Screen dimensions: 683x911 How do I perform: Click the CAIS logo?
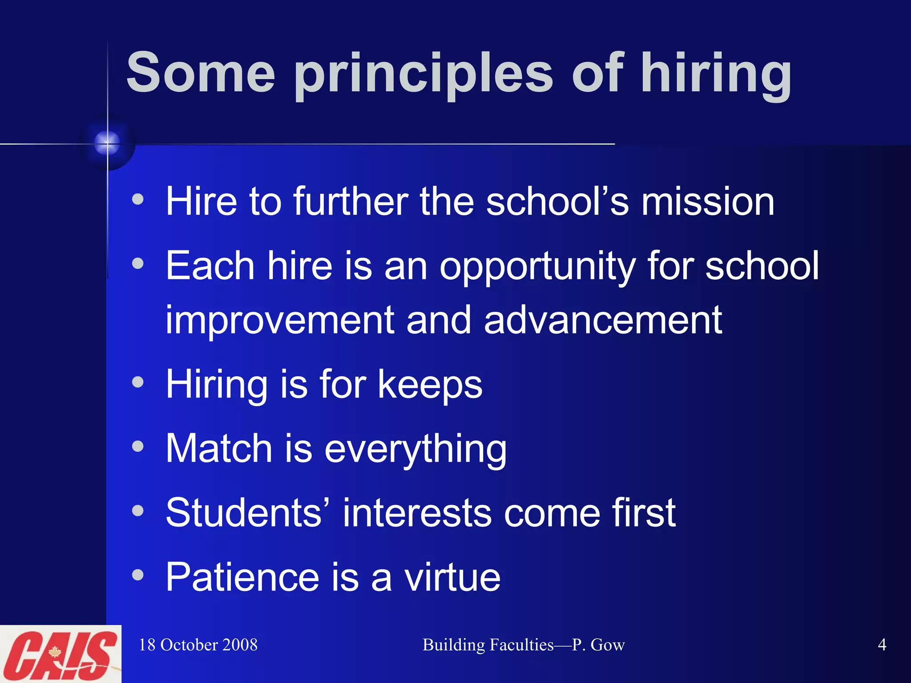(x=60, y=654)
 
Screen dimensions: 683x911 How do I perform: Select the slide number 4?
(x=882, y=645)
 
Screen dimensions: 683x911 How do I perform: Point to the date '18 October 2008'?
(x=198, y=645)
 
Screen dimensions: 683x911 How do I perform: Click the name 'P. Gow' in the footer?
(x=598, y=645)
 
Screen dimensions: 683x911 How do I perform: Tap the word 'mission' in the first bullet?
(x=708, y=201)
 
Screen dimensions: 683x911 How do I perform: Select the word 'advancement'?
(x=603, y=320)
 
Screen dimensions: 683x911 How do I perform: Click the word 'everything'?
(x=415, y=449)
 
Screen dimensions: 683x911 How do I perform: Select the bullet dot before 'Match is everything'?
(x=138, y=446)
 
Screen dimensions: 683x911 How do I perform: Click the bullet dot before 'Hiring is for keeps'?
(x=138, y=382)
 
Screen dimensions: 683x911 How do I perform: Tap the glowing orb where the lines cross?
(x=107, y=144)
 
